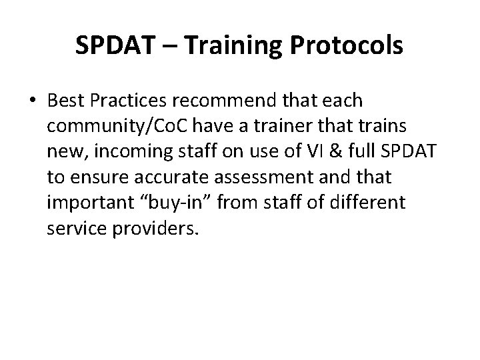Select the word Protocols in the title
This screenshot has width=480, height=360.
pyautogui.click(x=353, y=46)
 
